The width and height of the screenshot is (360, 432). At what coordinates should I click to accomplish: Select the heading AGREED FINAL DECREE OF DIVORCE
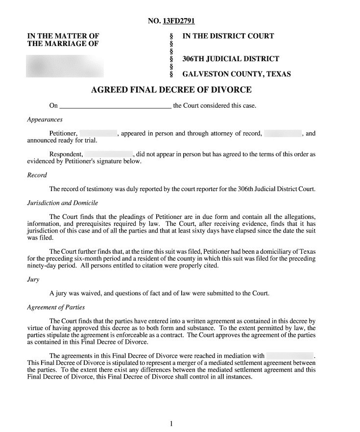(x=171, y=90)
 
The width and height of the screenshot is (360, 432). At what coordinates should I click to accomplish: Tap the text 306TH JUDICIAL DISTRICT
(x=231, y=59)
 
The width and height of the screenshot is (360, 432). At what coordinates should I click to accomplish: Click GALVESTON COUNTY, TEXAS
(x=237, y=74)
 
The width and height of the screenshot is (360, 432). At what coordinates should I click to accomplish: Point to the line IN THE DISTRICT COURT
(x=228, y=36)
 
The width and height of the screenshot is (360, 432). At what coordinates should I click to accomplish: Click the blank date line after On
(x=115, y=106)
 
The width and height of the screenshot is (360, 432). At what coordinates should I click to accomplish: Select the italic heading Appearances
(x=45, y=119)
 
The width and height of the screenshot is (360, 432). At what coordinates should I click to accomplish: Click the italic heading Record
(x=37, y=175)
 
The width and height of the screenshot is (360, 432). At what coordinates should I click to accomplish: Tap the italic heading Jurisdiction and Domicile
(x=63, y=203)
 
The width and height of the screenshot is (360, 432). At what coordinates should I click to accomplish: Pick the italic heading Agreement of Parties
(x=56, y=307)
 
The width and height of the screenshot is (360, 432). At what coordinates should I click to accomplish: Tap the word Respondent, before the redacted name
(x=66, y=154)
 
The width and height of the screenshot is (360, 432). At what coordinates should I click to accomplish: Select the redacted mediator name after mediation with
(x=290, y=356)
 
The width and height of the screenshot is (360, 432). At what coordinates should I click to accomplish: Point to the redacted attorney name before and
(x=283, y=133)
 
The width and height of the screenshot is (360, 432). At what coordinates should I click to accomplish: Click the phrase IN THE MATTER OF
(x=63, y=36)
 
